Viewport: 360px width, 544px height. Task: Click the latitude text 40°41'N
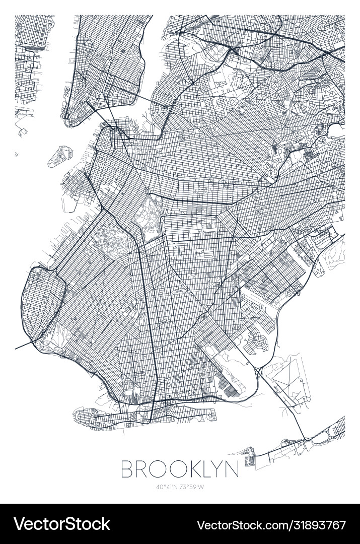pos(167,487)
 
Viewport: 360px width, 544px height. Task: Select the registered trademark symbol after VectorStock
pos(113,519)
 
